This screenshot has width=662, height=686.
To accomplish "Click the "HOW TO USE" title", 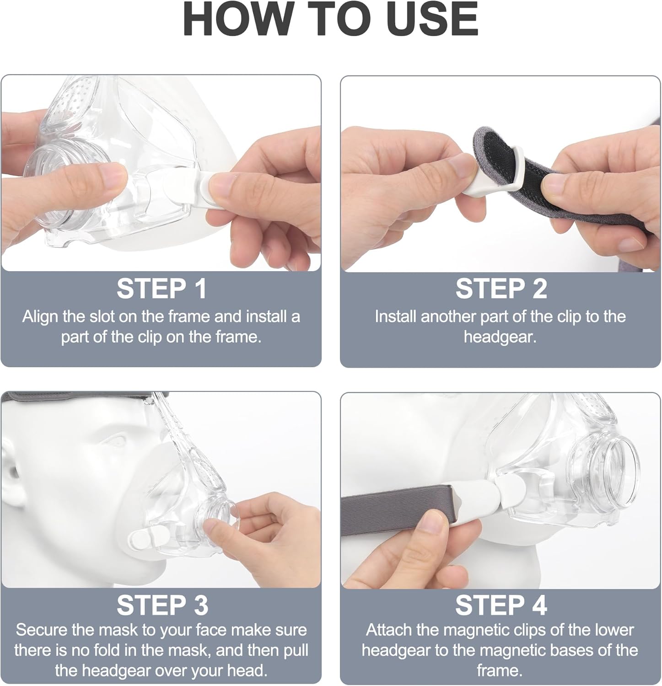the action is tap(331, 19).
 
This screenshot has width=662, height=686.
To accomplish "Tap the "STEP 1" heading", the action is tap(161, 289).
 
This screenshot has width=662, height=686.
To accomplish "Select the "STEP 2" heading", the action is tap(501, 289).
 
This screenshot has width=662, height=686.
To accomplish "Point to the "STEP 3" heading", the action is tap(162, 606).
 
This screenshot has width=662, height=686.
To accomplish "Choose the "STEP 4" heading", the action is tap(501, 606).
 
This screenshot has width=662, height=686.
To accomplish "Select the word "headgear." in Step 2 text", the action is tap(500, 337).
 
